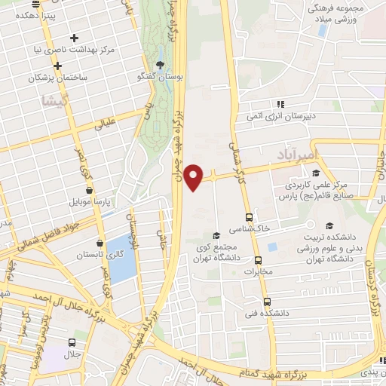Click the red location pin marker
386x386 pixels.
click(194, 176)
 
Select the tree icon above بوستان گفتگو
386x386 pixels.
click(159, 64)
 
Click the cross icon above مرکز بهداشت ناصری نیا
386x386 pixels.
click(74, 38)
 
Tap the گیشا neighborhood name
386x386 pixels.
click(58, 101)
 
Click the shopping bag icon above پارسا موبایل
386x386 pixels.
click(90, 190)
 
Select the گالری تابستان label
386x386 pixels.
click(93, 256)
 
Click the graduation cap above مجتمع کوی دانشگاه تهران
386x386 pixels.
click(217, 234)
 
